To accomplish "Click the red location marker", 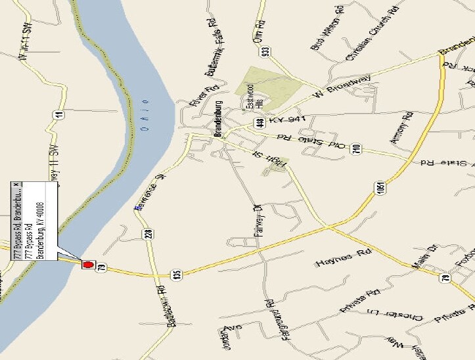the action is click(x=87, y=265).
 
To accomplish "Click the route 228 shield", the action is click(x=149, y=233).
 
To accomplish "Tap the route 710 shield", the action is click(x=355, y=149).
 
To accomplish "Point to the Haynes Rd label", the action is click(x=339, y=261).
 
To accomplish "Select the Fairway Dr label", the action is click(x=258, y=223).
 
